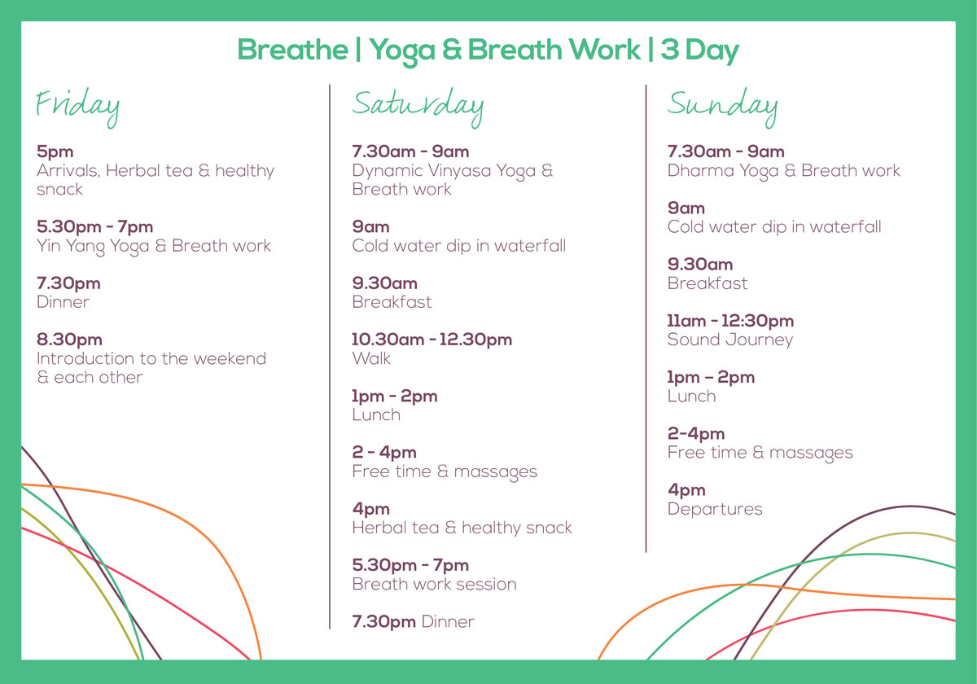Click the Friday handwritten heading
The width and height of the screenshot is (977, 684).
coord(77,107)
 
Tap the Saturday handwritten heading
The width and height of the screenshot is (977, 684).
coord(418,107)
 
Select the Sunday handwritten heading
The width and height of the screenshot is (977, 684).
coord(722,107)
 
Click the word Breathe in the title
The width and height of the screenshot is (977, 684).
coord(292,50)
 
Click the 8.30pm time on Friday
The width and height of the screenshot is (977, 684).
coord(69,340)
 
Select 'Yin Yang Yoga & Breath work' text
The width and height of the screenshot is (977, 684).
coord(154,247)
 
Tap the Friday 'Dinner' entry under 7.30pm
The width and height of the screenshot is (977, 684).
coord(64,302)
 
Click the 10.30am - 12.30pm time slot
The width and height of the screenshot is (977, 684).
coord(432,340)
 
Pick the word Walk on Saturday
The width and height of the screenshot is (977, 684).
coord(371,358)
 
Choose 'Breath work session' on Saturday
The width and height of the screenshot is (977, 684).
coord(435,584)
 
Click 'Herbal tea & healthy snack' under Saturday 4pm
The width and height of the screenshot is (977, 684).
coord(462,528)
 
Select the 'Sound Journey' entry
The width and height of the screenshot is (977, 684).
coord(730,340)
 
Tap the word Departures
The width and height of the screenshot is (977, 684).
coord(715,510)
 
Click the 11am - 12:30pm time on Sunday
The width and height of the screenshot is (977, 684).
coord(730,321)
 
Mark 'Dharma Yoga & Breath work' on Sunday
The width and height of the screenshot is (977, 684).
coord(784,171)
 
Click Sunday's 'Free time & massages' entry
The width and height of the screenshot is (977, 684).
coord(760,453)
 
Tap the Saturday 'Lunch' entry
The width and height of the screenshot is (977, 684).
coord(376,414)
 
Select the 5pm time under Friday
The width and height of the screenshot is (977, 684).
coord(55,152)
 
